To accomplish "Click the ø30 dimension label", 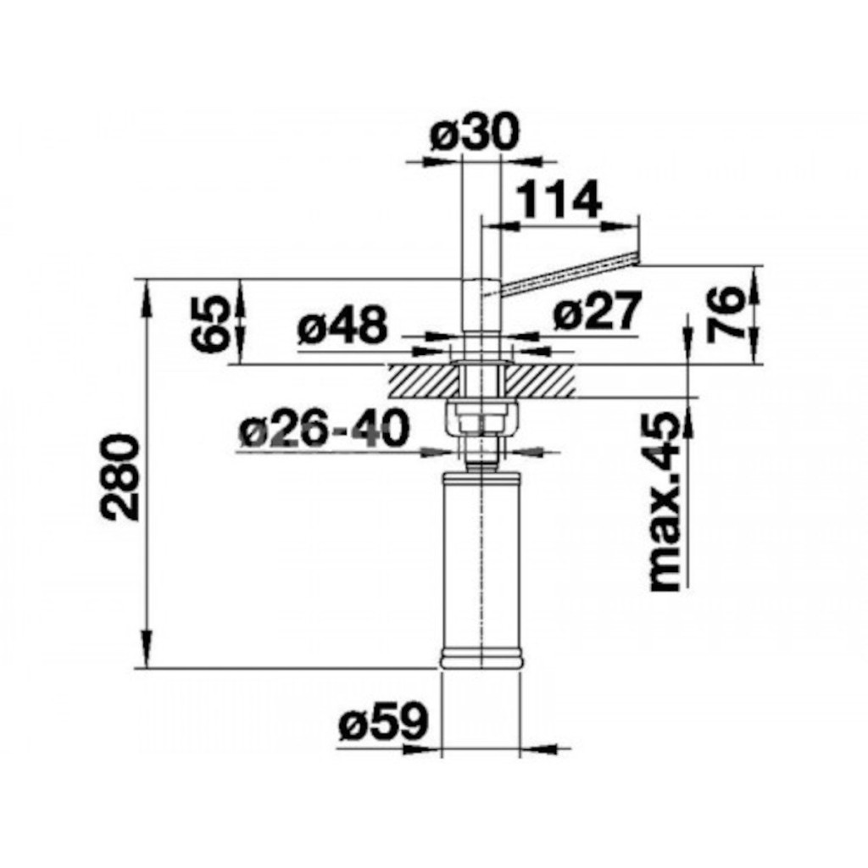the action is (x=475, y=134).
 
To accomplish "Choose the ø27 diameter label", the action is (x=597, y=310).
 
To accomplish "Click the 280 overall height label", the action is (x=122, y=477).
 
